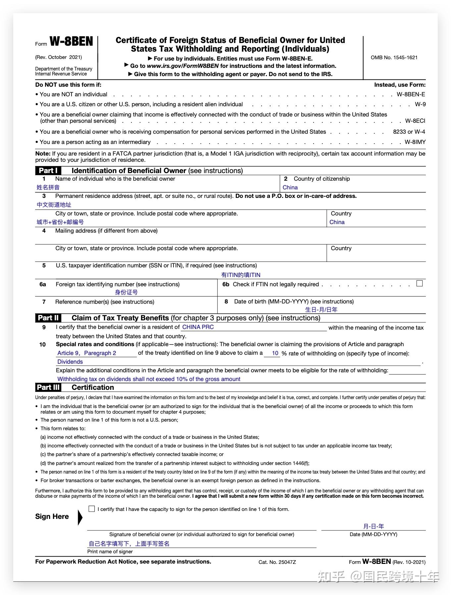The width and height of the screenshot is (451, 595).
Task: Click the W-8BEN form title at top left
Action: pos(71,42)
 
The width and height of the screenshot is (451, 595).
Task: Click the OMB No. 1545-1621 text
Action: pos(394,58)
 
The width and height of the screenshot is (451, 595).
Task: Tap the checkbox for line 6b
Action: pos(420,284)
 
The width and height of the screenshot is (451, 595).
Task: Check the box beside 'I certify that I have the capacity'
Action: pos(92,509)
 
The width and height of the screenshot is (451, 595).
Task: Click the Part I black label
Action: pos(48,171)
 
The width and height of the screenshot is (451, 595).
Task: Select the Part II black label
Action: pos(48,318)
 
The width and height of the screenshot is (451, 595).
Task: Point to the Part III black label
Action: pos(48,388)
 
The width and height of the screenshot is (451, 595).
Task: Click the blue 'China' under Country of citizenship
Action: pos(290,188)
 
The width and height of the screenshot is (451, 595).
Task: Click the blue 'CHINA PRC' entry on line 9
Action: pos(198,327)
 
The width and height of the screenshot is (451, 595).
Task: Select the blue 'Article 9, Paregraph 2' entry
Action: pos(87,353)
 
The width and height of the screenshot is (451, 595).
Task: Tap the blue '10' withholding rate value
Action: pos(275,353)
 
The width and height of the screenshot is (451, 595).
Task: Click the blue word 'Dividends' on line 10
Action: pos(70,362)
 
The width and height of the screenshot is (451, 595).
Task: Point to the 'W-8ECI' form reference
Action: pos(415,121)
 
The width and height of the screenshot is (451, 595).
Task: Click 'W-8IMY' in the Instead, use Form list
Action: pos(415,142)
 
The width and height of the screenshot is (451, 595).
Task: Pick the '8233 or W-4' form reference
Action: pos(409,132)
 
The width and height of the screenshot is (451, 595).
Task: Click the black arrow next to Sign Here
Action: pos(80,518)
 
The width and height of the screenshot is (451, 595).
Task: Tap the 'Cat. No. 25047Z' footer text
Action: pos(277,562)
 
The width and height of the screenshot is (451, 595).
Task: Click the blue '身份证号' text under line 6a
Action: pos(126,293)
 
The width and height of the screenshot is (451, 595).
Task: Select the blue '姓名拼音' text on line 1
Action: pos(48,188)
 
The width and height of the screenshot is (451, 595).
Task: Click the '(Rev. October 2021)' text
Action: pos(59,57)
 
